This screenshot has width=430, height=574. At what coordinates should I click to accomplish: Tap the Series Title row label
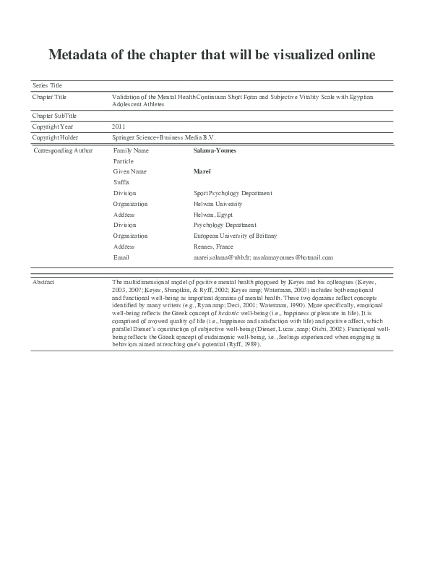click(48, 86)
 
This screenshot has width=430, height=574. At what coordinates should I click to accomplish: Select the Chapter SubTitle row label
click(55, 116)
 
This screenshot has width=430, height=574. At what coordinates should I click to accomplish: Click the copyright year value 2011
click(119, 126)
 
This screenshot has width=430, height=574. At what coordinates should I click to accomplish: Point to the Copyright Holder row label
click(56, 137)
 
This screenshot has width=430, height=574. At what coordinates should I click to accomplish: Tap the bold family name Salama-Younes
click(215, 150)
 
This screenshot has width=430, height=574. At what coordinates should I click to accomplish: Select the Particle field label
click(124, 160)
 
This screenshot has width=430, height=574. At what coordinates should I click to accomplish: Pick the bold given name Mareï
click(202, 171)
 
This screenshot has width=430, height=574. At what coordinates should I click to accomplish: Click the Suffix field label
click(121, 182)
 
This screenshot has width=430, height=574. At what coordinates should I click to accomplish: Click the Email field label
click(121, 257)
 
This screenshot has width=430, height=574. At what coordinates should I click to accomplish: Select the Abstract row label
click(44, 281)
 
